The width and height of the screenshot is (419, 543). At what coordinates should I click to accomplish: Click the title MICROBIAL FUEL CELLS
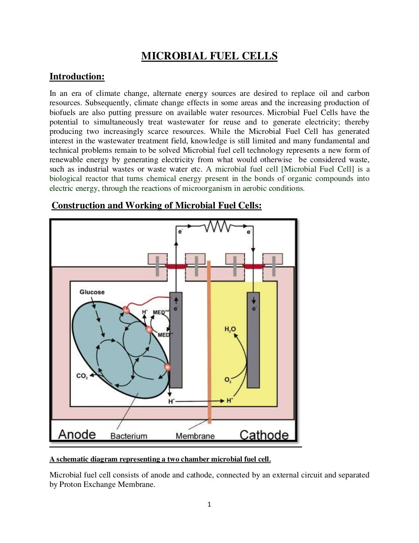pyautogui.click(x=209, y=56)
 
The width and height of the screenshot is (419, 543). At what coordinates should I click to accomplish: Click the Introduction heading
pyautogui.click(x=77, y=77)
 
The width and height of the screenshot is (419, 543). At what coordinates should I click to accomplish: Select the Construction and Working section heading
pyautogui.click(x=156, y=206)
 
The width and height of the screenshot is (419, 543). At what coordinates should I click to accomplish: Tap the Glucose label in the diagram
pyautogui.click(x=92, y=292)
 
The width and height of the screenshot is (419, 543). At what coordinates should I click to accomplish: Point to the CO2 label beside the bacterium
pyautogui.click(x=82, y=376)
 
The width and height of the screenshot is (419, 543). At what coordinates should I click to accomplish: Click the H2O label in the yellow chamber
pyautogui.click(x=230, y=329)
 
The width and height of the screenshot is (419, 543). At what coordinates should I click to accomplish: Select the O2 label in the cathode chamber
pyautogui.click(x=228, y=380)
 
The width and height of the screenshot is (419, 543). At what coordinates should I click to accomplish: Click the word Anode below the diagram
pyautogui.click(x=77, y=434)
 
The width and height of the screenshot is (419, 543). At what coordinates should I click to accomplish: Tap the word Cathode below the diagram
pyautogui.click(x=264, y=435)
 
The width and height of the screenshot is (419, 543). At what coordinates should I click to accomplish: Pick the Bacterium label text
pyautogui.click(x=128, y=436)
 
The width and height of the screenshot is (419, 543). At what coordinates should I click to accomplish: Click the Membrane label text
pyautogui.click(x=195, y=436)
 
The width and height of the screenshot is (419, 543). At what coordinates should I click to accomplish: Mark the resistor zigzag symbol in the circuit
pyautogui.click(x=216, y=226)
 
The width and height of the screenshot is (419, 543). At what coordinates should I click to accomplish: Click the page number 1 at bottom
pyautogui.click(x=209, y=505)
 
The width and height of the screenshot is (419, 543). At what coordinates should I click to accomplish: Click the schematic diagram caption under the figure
pyautogui.click(x=160, y=459)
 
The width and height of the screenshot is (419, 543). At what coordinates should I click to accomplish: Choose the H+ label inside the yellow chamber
pyautogui.click(x=230, y=400)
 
